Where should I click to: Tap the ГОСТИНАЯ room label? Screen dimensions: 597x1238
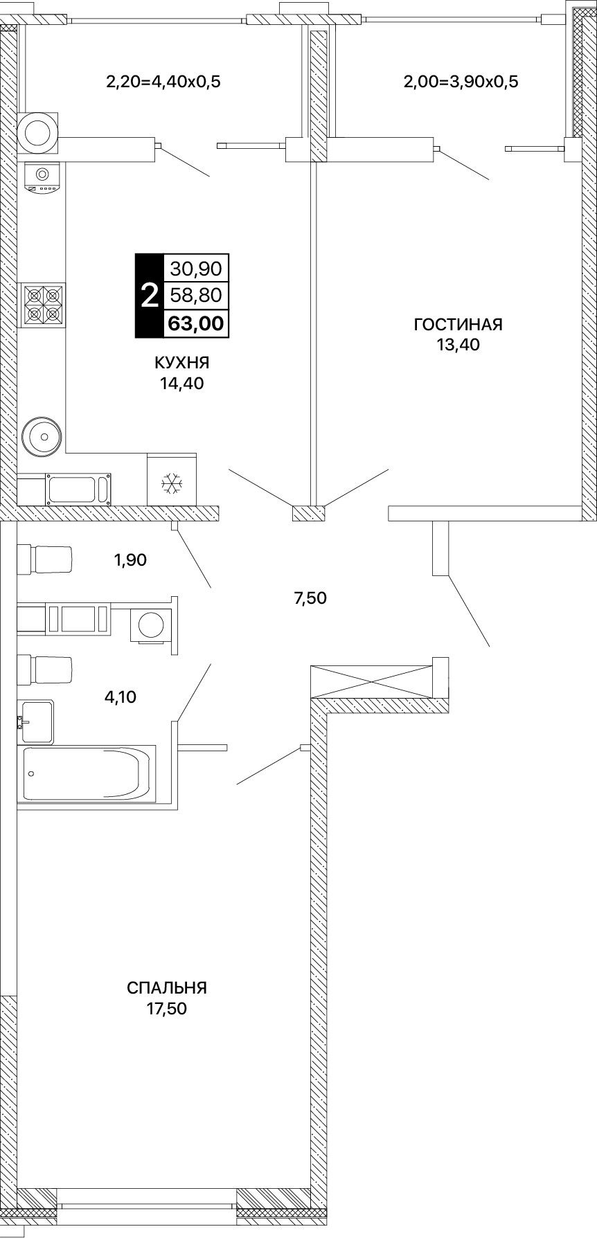coord(458,325)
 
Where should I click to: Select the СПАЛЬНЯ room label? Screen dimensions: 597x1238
coord(167,987)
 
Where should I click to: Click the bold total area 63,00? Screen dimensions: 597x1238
coord(196,323)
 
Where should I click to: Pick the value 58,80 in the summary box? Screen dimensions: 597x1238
coord(196,296)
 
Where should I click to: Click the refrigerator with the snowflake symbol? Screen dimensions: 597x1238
coord(172,479)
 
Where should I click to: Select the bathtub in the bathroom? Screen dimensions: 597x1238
coord(87,773)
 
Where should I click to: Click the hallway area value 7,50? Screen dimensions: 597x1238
coord(310,598)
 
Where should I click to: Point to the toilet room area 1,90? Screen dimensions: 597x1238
coord(131,559)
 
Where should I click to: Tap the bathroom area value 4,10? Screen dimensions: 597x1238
coord(121,697)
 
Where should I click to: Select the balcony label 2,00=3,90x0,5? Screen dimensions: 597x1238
coord(461,82)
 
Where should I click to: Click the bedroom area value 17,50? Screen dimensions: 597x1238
coord(167,1008)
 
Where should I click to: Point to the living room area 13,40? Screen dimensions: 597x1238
coord(458,345)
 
